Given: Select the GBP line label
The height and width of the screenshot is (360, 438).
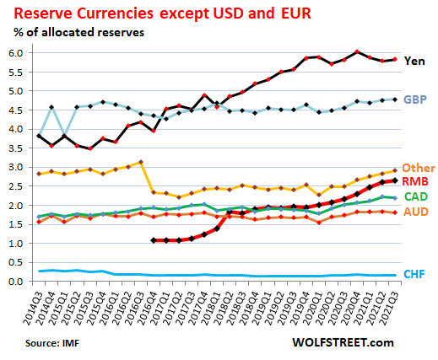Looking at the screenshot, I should pos(414,99).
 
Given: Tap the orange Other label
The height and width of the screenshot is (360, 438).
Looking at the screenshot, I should pos(417,169).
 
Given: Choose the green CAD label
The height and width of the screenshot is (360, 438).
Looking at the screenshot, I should pos(415,197).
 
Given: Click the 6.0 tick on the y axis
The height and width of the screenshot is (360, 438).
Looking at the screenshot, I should pos(16,53).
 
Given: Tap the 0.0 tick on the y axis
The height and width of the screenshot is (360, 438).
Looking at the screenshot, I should pos(16,282).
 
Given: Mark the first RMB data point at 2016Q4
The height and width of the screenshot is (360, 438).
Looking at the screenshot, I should pos(154,240).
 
